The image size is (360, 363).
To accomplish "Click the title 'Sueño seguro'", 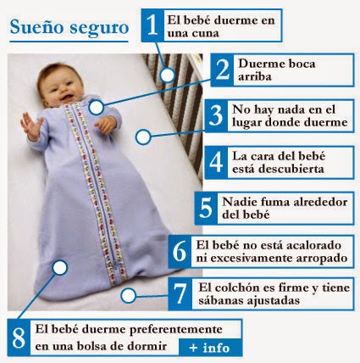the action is (x=69, y=28).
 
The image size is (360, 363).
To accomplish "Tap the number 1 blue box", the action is (x=152, y=25).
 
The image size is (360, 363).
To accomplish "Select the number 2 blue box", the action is (x=222, y=70).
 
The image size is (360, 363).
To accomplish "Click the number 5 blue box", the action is (x=206, y=209).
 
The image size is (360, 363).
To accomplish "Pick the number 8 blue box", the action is (x=19, y=338).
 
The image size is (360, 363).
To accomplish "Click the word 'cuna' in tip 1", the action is (x=205, y=33).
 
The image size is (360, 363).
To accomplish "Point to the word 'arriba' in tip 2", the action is (x=255, y=76).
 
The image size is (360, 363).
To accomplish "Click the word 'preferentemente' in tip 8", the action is (x=176, y=330).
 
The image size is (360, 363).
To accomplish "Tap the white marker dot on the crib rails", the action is (x=168, y=75).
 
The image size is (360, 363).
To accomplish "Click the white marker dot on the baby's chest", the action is (x=97, y=108).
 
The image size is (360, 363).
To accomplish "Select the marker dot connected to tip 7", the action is (x=129, y=296).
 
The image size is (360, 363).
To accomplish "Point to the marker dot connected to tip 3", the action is (x=143, y=137).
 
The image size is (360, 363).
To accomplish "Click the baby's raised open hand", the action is (x=30, y=126).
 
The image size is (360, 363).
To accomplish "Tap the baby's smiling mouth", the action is (x=67, y=98).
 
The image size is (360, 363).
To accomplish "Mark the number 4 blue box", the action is (x=216, y=162).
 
